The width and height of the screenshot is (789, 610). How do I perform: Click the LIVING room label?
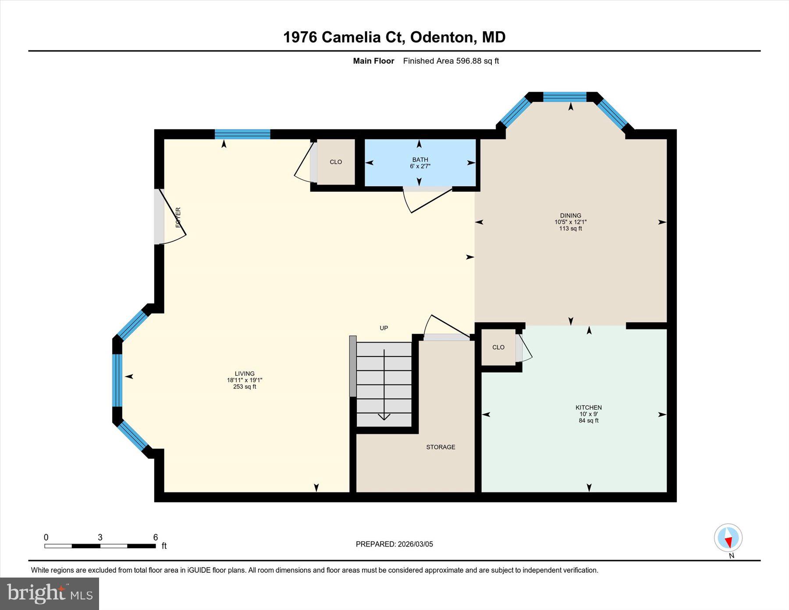click(x=245, y=374)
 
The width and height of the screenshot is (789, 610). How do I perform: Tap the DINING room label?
click(x=570, y=216)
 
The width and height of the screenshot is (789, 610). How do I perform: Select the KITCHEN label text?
click(x=588, y=408)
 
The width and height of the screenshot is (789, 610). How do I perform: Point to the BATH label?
click(x=420, y=160)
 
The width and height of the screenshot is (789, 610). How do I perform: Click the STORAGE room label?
click(x=441, y=447)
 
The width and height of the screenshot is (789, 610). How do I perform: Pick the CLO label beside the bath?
click(x=336, y=162)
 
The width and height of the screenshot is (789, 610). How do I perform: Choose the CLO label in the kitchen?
click(x=498, y=347)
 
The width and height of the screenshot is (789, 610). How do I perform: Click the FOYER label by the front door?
click(x=178, y=217)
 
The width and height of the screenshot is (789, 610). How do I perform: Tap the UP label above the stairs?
click(x=384, y=328)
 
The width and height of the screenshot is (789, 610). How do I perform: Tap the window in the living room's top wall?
click(x=242, y=134)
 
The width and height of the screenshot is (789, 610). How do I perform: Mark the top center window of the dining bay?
click(x=565, y=97)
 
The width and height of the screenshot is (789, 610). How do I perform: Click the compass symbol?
click(x=728, y=538)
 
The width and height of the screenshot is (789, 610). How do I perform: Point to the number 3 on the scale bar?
click(x=100, y=538)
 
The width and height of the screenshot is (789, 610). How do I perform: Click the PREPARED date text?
click(x=394, y=544)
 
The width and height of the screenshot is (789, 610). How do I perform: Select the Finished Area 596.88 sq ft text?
click(x=451, y=61)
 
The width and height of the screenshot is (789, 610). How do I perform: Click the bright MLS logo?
click(x=50, y=594)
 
